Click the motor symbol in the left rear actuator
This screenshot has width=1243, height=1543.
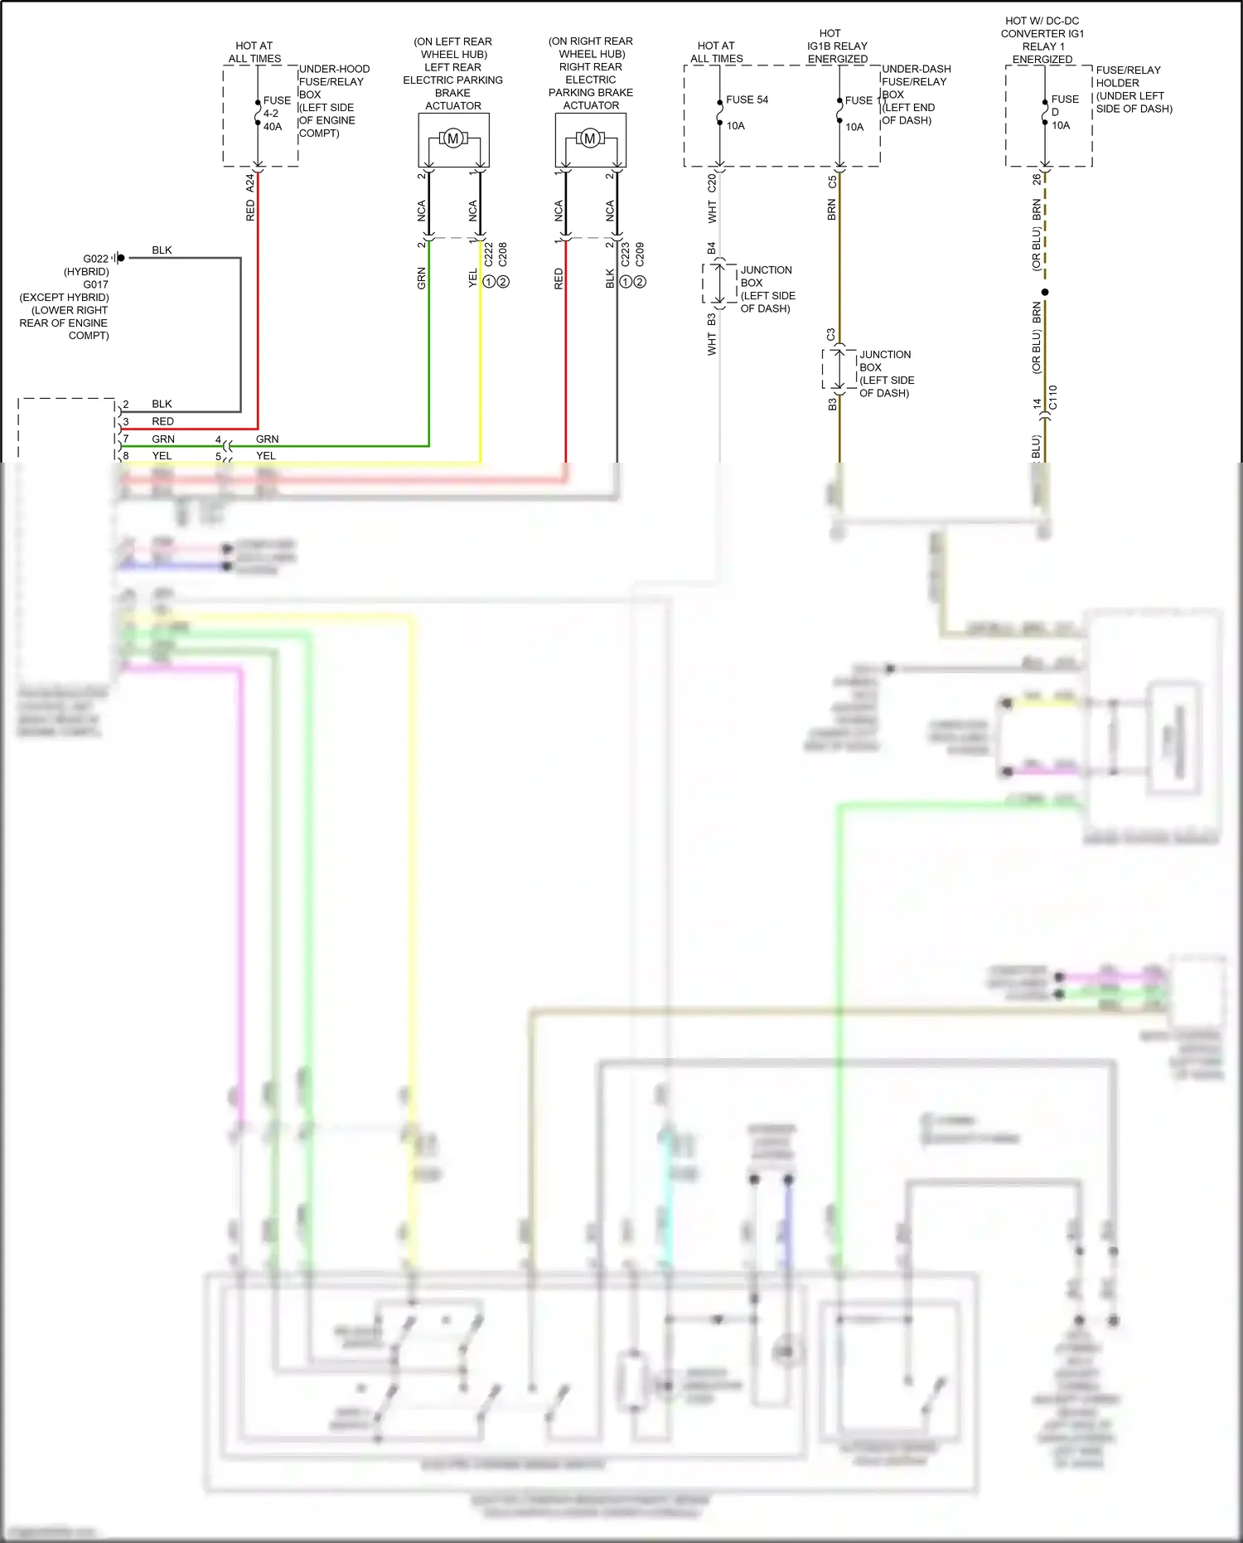453,139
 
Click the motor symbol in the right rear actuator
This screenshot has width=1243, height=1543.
590,138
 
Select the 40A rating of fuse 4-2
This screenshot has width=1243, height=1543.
273,127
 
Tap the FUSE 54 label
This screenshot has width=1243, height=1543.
747,99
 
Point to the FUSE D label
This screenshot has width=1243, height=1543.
1064,104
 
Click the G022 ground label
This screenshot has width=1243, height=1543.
95,259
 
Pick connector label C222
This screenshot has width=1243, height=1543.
488,254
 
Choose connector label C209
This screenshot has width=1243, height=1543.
640,254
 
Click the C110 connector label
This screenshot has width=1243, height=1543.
1053,398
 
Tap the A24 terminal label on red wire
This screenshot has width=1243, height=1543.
250,183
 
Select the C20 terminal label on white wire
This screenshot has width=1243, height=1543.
712,183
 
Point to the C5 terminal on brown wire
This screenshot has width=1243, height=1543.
832,182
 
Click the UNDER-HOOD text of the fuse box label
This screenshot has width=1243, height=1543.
334,69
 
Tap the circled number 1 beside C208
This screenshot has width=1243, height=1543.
489,282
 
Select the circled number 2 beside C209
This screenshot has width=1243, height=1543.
640,282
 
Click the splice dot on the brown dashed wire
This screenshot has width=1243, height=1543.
1045,292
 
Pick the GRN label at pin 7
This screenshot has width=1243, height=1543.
163,439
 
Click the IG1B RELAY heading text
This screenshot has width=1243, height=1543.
837,46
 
